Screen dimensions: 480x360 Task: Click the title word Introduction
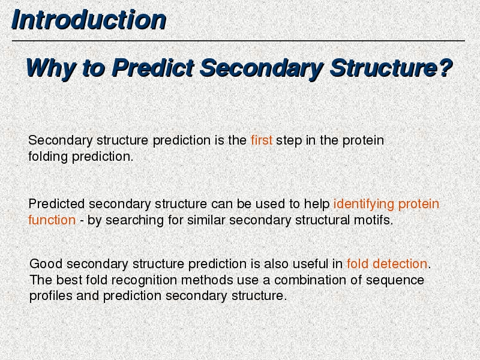click(x=89, y=20)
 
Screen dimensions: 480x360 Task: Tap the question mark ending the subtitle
click(x=445, y=67)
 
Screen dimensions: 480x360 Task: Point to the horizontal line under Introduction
click(x=238, y=40)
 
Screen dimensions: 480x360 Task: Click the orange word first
click(x=262, y=140)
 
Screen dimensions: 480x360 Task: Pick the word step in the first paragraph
click(x=289, y=141)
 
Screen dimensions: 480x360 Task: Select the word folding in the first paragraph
click(x=48, y=157)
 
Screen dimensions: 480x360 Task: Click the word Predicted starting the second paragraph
click(x=56, y=204)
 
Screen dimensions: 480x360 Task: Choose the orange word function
click(x=52, y=220)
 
